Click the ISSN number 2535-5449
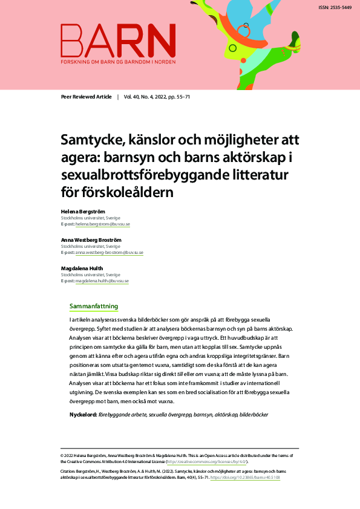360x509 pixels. tap(335, 8)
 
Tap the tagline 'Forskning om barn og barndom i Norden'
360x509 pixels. tap(117, 62)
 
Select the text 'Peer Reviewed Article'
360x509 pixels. tap(87, 97)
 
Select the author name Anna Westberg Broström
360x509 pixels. tap(91, 240)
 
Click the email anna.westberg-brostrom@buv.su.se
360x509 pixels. tap(109, 253)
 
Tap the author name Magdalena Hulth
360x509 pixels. tap(82, 268)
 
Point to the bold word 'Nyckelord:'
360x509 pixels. tap(83, 414)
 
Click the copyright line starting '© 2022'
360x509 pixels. tap(175, 455)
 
